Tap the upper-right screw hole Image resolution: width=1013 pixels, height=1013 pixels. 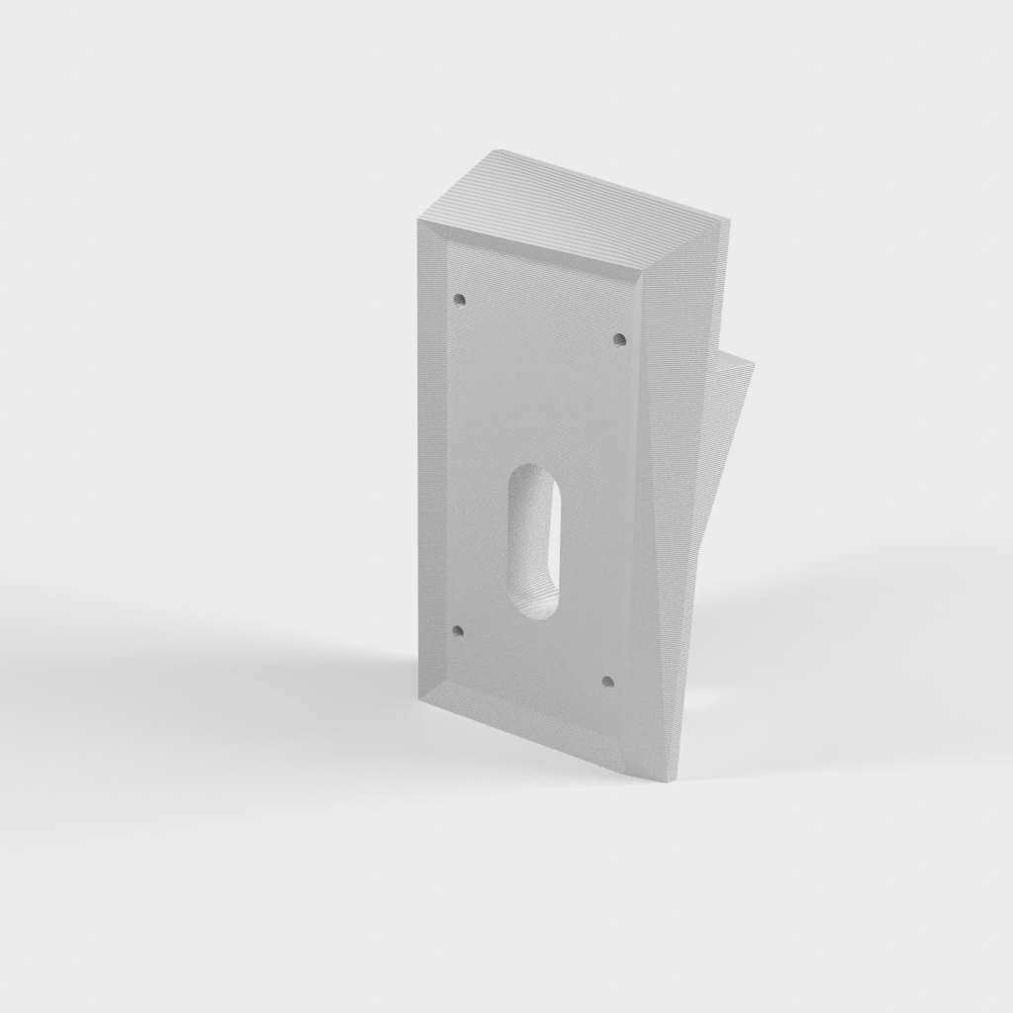point(620,339)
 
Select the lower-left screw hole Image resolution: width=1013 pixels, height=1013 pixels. point(456,629)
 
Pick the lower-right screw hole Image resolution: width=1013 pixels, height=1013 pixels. point(607,681)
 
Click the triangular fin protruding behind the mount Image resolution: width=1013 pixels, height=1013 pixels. point(727,415)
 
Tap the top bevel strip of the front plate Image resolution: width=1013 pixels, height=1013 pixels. point(534,252)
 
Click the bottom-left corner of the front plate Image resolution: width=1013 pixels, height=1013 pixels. point(418,700)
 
